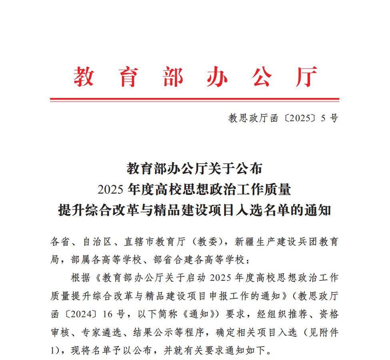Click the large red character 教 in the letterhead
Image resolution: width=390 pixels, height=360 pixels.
[x=84, y=76]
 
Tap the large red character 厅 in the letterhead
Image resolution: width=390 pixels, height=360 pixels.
[x=306, y=76]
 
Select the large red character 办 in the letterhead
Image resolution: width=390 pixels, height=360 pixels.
[x=217, y=76]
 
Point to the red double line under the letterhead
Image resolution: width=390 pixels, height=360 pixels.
[x=194, y=99]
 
